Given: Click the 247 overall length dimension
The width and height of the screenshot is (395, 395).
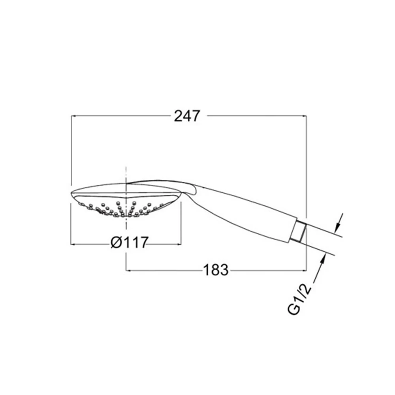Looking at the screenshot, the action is point(187,116).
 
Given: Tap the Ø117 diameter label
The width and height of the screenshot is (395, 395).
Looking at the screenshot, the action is point(130,243).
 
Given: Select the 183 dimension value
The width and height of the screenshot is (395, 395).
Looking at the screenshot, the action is point(216,270).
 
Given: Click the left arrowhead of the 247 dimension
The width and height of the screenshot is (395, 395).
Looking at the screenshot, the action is point(73,116).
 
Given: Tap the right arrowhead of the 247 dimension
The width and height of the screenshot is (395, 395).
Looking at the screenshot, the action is point(304,116).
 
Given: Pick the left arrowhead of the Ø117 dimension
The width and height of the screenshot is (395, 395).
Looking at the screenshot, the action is point(73,244).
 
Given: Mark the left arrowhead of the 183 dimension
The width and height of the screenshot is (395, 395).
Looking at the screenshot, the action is point(128,271).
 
